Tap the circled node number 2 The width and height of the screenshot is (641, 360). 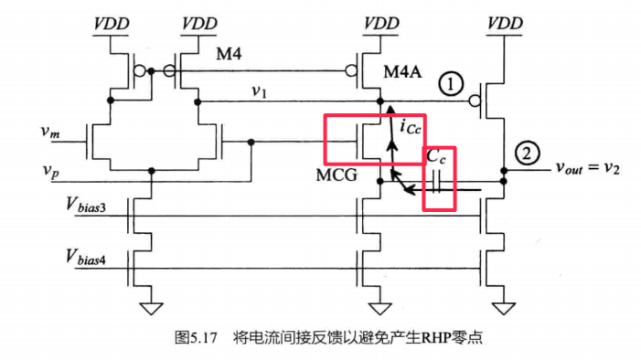(525, 153)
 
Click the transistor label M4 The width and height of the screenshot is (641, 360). (229, 57)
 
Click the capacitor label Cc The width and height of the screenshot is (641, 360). (438, 157)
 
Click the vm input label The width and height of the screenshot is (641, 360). (51, 132)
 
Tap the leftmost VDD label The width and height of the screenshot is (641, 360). (112, 21)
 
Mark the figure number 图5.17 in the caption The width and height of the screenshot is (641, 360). (194, 337)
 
